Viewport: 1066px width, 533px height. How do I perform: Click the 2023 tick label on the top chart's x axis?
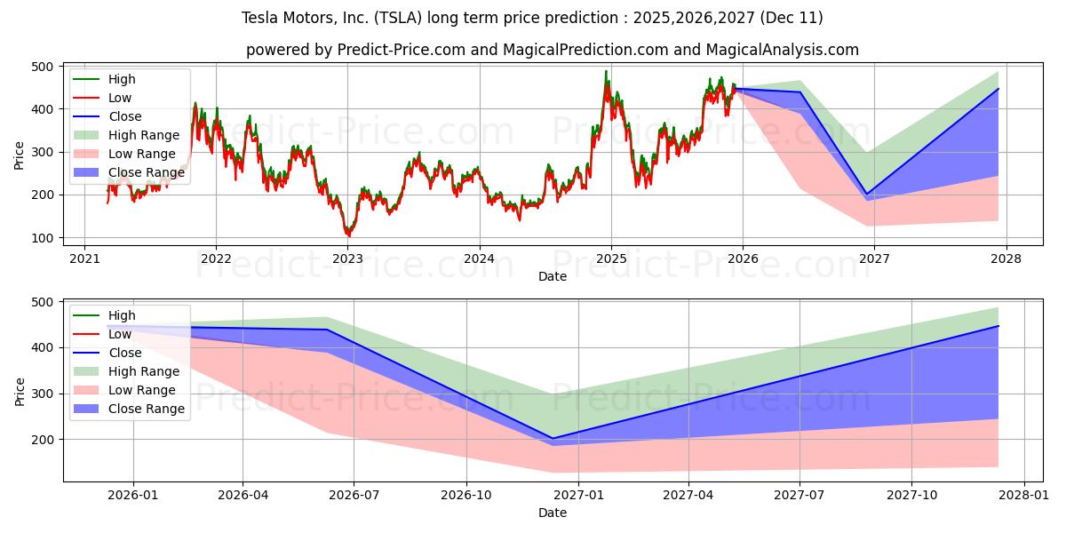pyautogui.click(x=347, y=259)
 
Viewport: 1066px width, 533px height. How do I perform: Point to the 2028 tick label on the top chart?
pyautogui.click(x=1006, y=259)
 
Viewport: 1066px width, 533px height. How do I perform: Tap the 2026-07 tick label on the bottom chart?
pyautogui.click(x=354, y=496)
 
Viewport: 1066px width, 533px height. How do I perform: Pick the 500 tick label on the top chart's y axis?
pyautogui.click(x=42, y=67)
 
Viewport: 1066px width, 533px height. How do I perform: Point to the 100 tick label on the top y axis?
pyautogui.click(x=42, y=238)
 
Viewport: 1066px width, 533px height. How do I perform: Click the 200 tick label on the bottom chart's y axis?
pyautogui.click(x=42, y=440)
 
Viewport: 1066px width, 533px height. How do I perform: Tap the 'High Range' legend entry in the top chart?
pyautogui.click(x=143, y=135)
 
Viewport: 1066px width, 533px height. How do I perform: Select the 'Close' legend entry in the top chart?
pyautogui.click(x=124, y=116)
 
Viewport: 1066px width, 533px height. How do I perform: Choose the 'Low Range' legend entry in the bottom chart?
pyautogui.click(x=141, y=390)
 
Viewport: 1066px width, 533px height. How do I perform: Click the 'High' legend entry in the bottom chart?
pyautogui.click(x=122, y=315)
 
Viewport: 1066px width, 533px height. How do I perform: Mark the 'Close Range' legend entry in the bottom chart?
pyautogui.click(x=146, y=409)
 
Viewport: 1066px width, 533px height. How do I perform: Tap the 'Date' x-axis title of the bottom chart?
pyautogui.click(x=552, y=513)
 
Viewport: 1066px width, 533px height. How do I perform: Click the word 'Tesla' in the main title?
pyautogui.click(x=259, y=18)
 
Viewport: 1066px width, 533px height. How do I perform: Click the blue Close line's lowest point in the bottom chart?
pyautogui.click(x=553, y=438)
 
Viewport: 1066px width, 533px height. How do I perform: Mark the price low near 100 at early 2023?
pyautogui.click(x=348, y=236)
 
